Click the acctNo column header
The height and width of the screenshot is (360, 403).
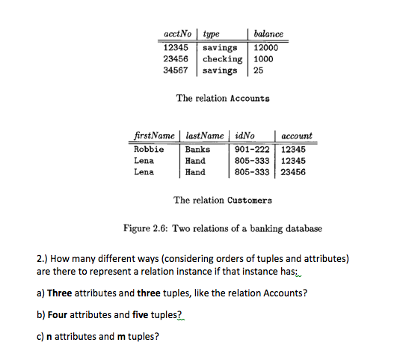pyautogui.click(x=178, y=34)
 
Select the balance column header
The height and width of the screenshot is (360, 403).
pyautogui.click(x=268, y=34)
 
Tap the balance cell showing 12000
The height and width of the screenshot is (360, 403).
pyautogui.click(x=267, y=47)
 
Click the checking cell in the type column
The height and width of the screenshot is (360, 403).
pyautogui.click(x=222, y=59)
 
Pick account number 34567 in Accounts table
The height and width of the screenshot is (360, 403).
pyautogui.click(x=176, y=71)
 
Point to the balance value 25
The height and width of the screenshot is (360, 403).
pyautogui.click(x=258, y=71)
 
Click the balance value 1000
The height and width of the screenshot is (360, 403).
pyautogui.click(x=263, y=59)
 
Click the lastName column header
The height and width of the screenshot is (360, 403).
pyautogui.click(x=203, y=136)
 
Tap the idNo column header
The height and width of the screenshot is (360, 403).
pyautogui.click(x=244, y=136)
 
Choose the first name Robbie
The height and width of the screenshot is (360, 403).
pyautogui.click(x=148, y=149)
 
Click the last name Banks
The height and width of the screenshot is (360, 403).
pyautogui.click(x=197, y=149)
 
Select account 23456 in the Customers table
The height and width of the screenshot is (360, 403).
pyautogui.click(x=295, y=171)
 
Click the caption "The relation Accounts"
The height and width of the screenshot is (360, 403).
pyautogui.click(x=223, y=98)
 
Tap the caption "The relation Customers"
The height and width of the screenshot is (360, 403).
pyautogui.click(x=223, y=200)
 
